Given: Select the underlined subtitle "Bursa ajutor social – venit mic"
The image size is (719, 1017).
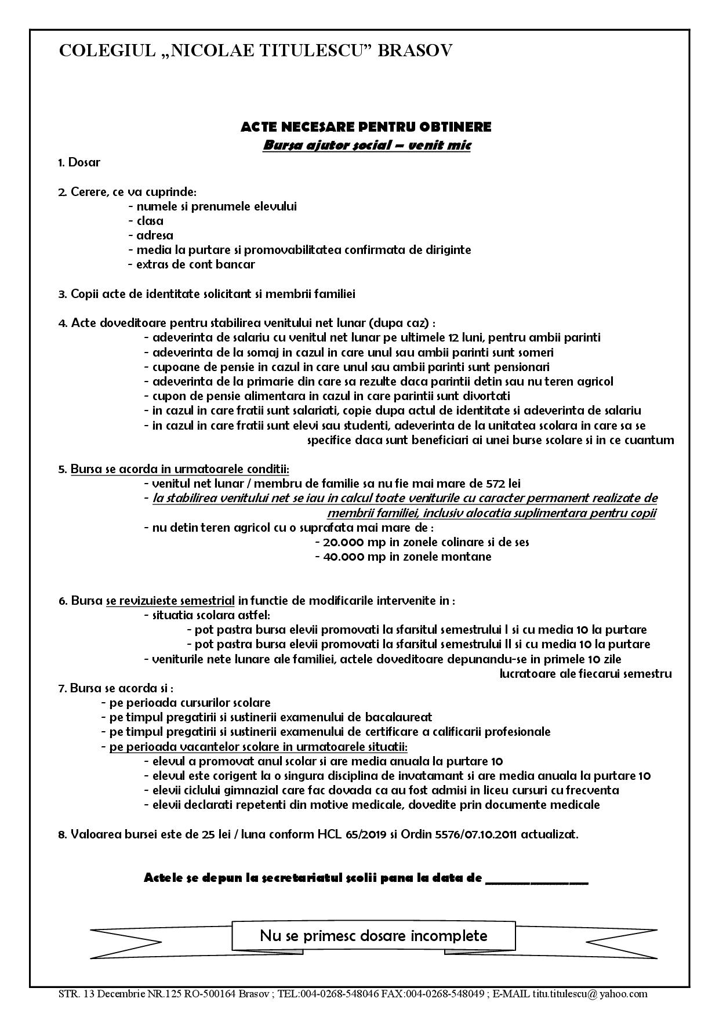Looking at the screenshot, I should (366, 145).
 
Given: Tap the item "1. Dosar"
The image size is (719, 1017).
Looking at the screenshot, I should (79, 162).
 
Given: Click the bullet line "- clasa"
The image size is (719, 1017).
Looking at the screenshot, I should (146, 221).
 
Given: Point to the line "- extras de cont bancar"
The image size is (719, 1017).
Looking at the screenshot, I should (191, 264).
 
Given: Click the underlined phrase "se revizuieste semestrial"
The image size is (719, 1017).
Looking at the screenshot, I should (170, 601).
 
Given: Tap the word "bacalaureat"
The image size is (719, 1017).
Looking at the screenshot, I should (401, 717).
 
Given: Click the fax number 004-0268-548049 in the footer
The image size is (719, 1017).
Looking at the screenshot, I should (446, 994).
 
